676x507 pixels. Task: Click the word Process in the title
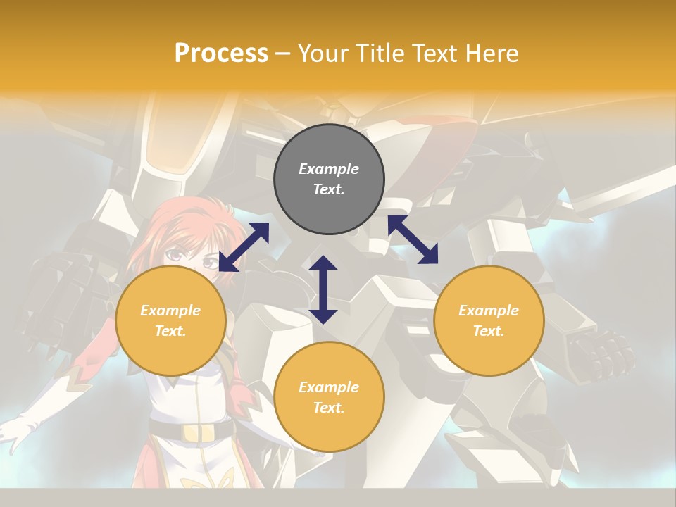[221, 54]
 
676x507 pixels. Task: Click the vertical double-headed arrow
[323, 289]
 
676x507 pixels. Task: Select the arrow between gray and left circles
[244, 247]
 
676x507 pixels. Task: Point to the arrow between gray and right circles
[413, 239]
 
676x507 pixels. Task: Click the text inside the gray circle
[329, 179]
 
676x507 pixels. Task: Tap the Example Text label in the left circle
[170, 320]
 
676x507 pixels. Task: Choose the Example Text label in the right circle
[489, 320]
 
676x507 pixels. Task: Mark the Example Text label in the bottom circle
[329, 397]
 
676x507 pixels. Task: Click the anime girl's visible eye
[210, 263]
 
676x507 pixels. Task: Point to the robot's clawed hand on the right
[599, 352]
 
